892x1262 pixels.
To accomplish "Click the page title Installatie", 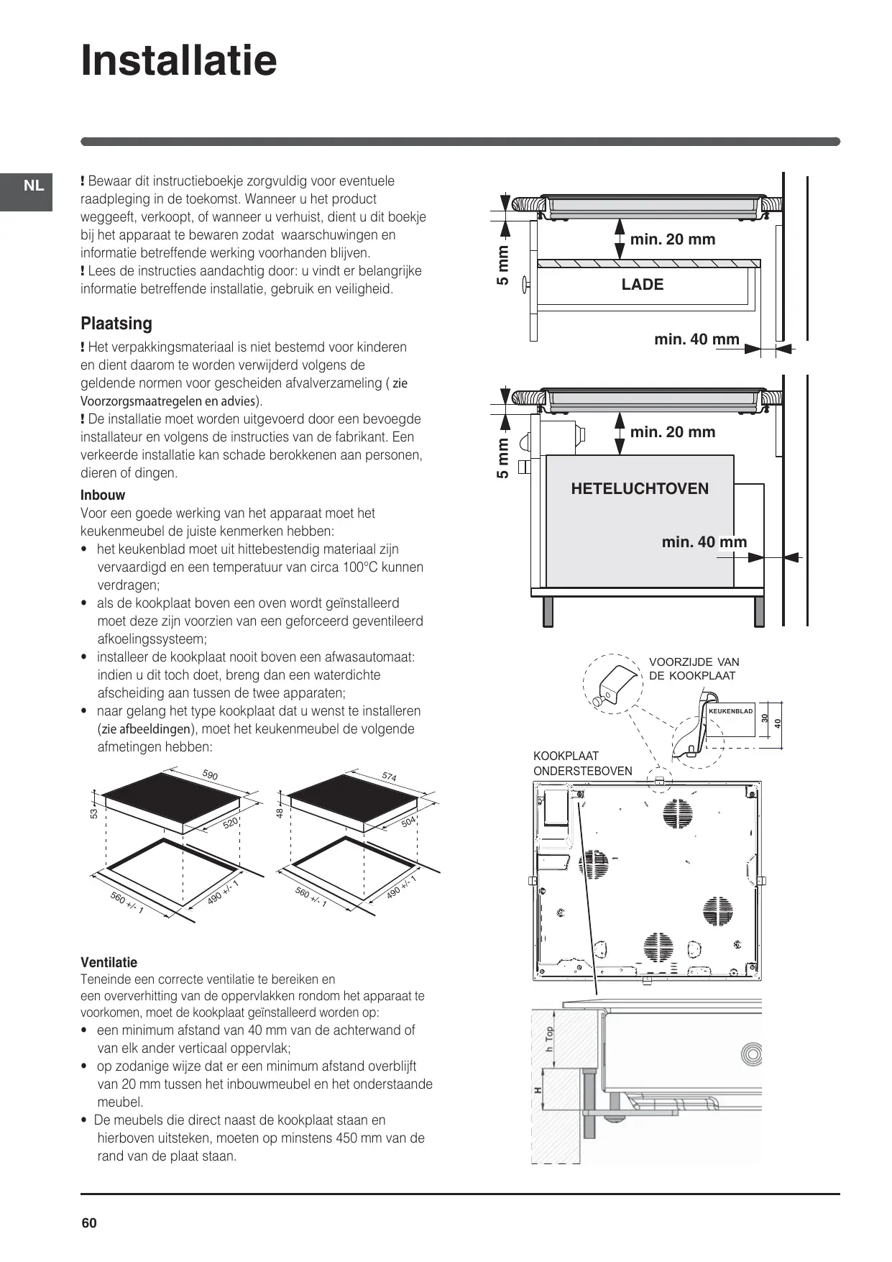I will click(x=179, y=60).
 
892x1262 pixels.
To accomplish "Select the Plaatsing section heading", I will click(x=116, y=324).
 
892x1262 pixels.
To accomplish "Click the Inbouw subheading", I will click(x=103, y=495).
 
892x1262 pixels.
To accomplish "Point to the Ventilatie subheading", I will click(x=109, y=962).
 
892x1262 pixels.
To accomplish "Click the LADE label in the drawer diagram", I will click(x=642, y=285).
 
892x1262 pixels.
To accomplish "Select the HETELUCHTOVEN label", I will click(x=640, y=489).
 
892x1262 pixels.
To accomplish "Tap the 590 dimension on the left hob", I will click(x=210, y=775).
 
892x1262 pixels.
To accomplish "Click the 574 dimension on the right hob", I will click(x=389, y=777).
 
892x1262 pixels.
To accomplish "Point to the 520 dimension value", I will click(x=230, y=823).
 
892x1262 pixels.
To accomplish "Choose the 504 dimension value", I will click(x=408, y=822).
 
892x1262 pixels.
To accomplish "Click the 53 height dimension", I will click(x=93, y=813).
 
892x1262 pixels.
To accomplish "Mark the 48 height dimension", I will click(x=280, y=813).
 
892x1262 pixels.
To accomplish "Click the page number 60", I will click(x=89, y=1223).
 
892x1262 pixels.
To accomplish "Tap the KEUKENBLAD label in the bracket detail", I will click(x=730, y=711).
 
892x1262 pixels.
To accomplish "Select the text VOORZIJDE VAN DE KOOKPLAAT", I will click(x=694, y=669).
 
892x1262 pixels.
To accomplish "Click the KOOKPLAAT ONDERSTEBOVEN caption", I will click(x=582, y=764).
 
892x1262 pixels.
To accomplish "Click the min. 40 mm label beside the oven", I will click(x=704, y=542).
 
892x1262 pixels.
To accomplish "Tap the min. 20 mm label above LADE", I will click(x=673, y=239).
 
